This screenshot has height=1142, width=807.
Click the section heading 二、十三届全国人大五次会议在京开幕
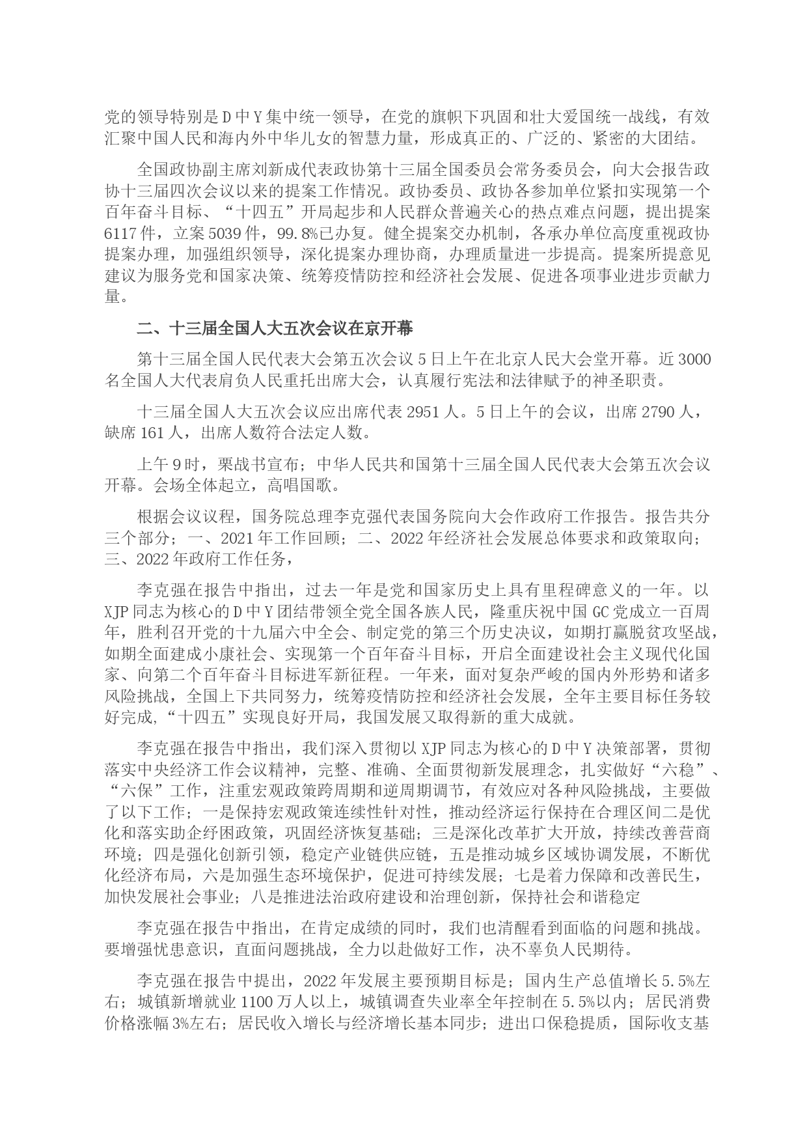[274, 329]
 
